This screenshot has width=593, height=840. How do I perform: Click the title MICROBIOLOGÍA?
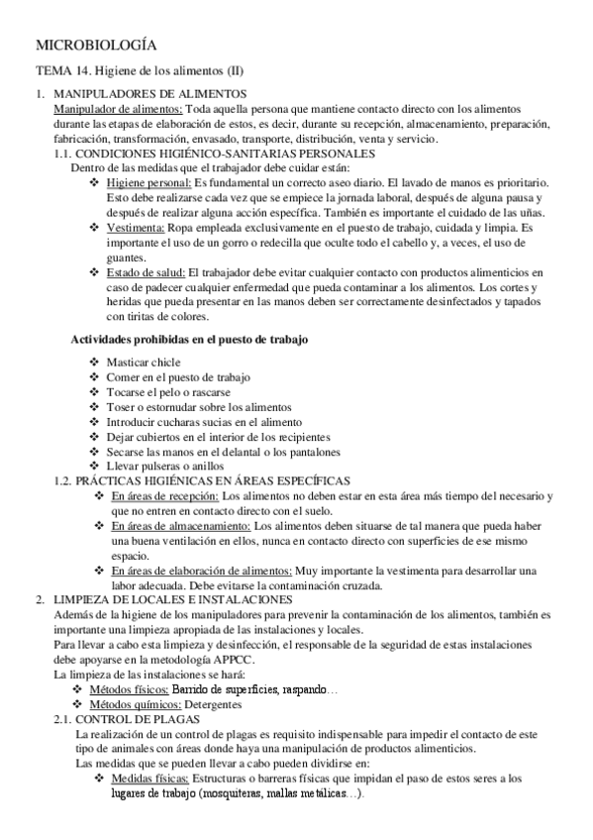(95, 45)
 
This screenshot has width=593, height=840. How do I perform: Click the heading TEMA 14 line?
(140, 71)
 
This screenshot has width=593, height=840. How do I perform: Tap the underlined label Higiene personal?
(148, 183)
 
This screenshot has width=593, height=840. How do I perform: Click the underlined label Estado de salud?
(146, 271)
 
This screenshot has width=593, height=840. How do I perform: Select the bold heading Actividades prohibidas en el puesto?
(189, 339)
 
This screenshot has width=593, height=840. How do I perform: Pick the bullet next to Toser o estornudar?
(95, 407)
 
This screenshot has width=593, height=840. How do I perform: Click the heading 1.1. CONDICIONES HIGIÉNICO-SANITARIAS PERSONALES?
(215, 154)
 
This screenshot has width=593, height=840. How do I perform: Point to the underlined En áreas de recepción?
(165, 495)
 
